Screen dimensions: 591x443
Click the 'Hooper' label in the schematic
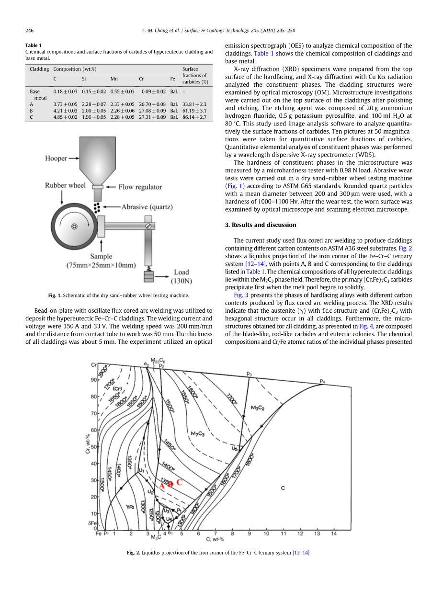pos(56,159)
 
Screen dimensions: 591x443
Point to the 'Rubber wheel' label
pos(66,185)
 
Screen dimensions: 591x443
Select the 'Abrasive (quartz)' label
pos(147,207)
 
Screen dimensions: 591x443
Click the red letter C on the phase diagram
pos(180,482)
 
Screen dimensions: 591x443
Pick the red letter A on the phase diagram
pos(162,485)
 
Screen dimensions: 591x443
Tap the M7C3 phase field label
pos(197,434)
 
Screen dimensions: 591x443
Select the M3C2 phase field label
pos(258,408)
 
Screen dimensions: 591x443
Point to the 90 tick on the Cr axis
pos(94,380)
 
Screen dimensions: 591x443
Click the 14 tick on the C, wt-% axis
pos(334,533)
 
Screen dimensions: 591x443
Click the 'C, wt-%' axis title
pos(215,540)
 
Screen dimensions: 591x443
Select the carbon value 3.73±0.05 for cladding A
pos(65,104)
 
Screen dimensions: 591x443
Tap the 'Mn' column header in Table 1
pos(114,79)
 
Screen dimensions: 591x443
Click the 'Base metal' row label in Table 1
pos(35,94)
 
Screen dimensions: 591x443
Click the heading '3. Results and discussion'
pos(261,225)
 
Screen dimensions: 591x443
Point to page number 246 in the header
pos(30,31)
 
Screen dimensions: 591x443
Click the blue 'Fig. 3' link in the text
pos(241,295)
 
